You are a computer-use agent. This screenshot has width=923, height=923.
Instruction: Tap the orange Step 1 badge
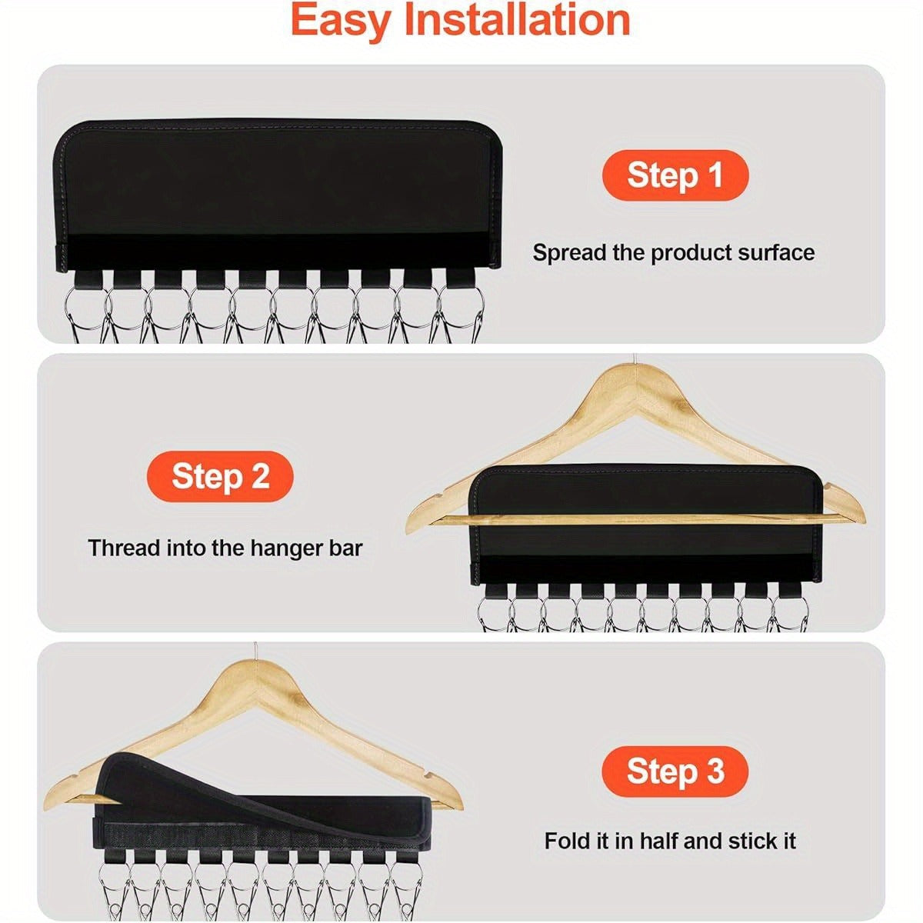point(675,175)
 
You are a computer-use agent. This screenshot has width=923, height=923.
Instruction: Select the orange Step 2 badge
point(220,476)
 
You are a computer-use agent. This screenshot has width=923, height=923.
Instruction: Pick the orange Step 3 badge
point(675,771)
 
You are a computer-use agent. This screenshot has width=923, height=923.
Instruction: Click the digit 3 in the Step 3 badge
point(715,771)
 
